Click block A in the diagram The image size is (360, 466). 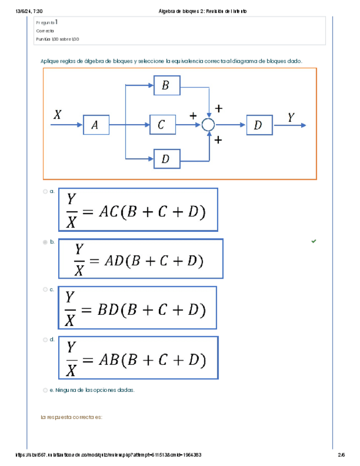pyautogui.click(x=96, y=125)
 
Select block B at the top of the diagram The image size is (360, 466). pyautogui.click(x=165, y=85)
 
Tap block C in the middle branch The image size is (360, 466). pyautogui.click(x=162, y=125)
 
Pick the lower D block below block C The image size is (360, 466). pyautogui.click(x=165, y=159)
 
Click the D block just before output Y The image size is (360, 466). pyautogui.click(x=259, y=125)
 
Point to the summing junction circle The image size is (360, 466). pyautogui.click(x=208, y=125)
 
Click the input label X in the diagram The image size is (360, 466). pyautogui.click(x=58, y=115)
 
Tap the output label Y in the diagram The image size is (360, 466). pyautogui.click(x=291, y=117)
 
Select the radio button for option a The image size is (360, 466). pyautogui.click(x=45, y=192)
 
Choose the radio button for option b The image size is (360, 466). pyautogui.click(x=45, y=242)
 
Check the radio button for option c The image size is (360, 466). pyautogui.click(x=45, y=289)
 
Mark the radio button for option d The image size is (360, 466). pyautogui.click(x=45, y=340)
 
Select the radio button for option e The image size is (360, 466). pyautogui.click(x=45, y=390)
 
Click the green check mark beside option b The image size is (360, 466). pyautogui.click(x=314, y=241)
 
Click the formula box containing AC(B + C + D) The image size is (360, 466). pyautogui.click(x=139, y=209)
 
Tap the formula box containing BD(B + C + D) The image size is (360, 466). pyautogui.click(x=137, y=307)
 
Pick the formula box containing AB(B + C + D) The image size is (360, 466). pyautogui.click(x=139, y=358)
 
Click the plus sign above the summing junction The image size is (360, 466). pyautogui.click(x=219, y=109)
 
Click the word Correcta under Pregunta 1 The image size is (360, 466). pyautogui.click(x=45, y=31)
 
